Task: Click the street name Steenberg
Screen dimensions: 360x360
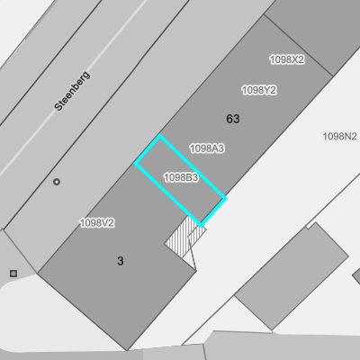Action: [72, 91]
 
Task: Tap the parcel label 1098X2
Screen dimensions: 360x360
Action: [287, 59]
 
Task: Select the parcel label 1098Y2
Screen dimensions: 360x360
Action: [259, 90]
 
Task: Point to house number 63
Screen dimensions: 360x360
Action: [233, 119]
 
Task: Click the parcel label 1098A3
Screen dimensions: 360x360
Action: [207, 148]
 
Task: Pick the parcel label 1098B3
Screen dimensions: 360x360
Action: [181, 177]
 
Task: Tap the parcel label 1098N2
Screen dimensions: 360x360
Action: [340, 137]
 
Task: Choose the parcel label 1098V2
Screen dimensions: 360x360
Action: [97, 223]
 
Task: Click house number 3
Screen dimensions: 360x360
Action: [121, 261]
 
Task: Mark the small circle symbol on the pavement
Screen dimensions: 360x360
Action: [57, 182]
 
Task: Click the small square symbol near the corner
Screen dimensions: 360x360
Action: [13, 274]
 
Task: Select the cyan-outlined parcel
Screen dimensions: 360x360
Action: [180, 180]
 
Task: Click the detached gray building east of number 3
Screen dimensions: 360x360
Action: [292, 276]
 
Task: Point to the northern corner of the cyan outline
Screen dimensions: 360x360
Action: [159, 136]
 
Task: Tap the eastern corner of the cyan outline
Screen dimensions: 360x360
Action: [225, 198]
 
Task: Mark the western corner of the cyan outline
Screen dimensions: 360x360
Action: [136, 163]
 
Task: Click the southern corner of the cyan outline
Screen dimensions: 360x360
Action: [202, 225]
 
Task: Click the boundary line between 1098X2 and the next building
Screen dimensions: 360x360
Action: [299, 45]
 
